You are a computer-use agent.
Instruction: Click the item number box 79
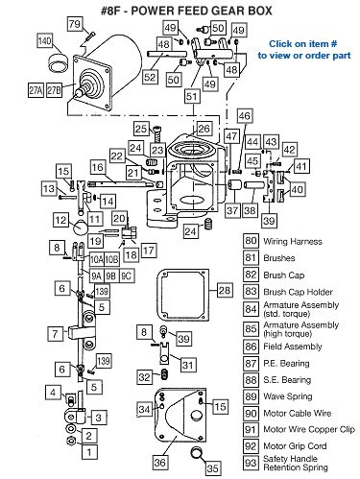75,24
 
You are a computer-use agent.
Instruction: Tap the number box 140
45,40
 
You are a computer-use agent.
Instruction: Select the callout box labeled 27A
36,90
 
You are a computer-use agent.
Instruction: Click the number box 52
150,77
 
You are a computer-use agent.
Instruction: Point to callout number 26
204,129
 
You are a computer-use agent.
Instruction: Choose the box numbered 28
225,290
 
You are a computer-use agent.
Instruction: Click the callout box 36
160,462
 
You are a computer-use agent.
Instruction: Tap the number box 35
213,468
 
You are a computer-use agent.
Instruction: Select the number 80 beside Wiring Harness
251,241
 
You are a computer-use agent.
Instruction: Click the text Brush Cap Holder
298,292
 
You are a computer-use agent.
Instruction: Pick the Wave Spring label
288,396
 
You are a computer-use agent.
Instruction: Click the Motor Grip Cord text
295,446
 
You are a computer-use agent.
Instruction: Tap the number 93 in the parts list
251,463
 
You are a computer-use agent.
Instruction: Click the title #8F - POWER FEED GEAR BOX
186,11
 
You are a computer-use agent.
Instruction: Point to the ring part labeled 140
59,62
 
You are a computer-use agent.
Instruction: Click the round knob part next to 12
80,228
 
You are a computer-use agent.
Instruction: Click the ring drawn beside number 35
197,453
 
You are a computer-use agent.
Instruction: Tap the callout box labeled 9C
127,275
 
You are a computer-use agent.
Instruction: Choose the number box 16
98,167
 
